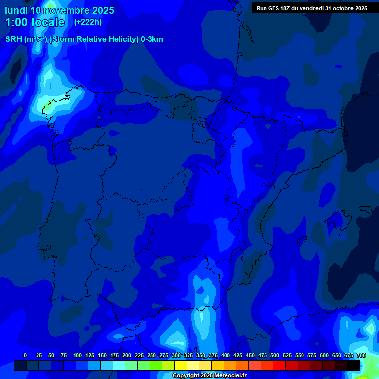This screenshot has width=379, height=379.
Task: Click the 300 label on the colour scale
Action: pyautogui.click(x=176, y=355)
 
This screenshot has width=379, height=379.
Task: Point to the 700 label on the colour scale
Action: pyautogui.click(x=361, y=355)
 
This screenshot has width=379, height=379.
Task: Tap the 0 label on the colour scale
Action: pyautogui.click(x=25, y=355)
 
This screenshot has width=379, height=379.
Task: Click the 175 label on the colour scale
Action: pyautogui.click(x=114, y=355)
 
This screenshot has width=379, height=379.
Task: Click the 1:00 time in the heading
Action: pyautogui.click(x=16, y=23)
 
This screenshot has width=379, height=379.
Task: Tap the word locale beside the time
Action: pyautogui.click(x=48, y=23)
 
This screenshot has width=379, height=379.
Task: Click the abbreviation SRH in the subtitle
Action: pyautogui.click(x=13, y=39)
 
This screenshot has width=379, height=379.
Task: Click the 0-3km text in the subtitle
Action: pyautogui.click(x=152, y=39)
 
